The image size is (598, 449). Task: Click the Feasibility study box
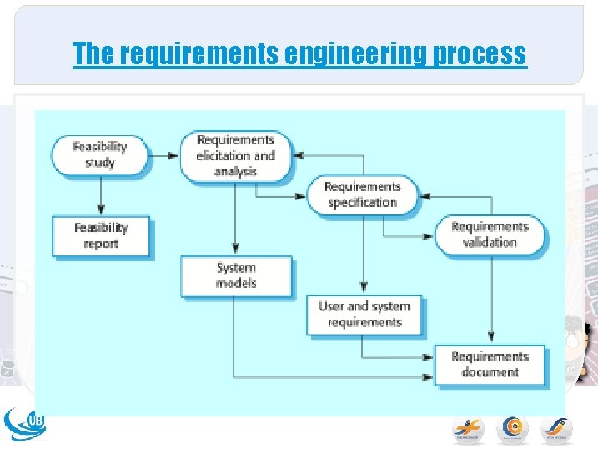point(99,154)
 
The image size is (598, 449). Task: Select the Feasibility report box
point(101,235)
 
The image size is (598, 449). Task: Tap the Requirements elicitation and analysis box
point(236,155)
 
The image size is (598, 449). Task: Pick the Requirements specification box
point(362,194)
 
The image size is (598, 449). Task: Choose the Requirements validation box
point(490,235)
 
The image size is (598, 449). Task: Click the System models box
point(236,275)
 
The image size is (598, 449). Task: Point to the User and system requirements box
point(364,315)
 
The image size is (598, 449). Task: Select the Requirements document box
point(490,365)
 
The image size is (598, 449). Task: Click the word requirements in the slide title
point(198,53)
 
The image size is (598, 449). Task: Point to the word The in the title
point(93,53)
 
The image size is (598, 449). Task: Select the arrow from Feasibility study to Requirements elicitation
point(165,154)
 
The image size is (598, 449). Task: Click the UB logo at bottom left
point(26,424)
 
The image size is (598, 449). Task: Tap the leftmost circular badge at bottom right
point(468,427)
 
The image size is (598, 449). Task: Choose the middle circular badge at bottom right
point(512,427)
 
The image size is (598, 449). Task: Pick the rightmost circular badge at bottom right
point(556,427)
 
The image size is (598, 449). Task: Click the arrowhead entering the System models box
point(236,250)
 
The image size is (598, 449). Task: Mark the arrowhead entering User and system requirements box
point(364,289)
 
